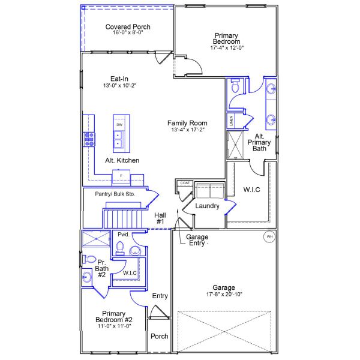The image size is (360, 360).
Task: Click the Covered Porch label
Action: click(x=128, y=27)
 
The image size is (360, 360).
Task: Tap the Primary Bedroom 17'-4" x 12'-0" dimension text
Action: click(x=227, y=48)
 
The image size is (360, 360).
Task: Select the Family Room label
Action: click(x=188, y=123)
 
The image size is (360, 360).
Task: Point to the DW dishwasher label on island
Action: click(x=120, y=124)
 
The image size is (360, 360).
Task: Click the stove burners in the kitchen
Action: click(x=89, y=139)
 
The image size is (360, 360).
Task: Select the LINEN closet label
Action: click(x=231, y=120)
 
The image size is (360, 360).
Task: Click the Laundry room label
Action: click(x=207, y=206)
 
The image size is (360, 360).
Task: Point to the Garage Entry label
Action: click(x=197, y=240)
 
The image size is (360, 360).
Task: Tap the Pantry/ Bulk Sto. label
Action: click(x=115, y=194)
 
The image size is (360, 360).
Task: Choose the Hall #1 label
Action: click(x=160, y=218)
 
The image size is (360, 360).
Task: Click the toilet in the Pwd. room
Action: click(x=119, y=247)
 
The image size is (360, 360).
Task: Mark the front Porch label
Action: click(x=159, y=336)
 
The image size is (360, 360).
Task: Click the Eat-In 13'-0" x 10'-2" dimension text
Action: click(x=119, y=86)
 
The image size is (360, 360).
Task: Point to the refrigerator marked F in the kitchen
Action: click(x=121, y=175)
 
